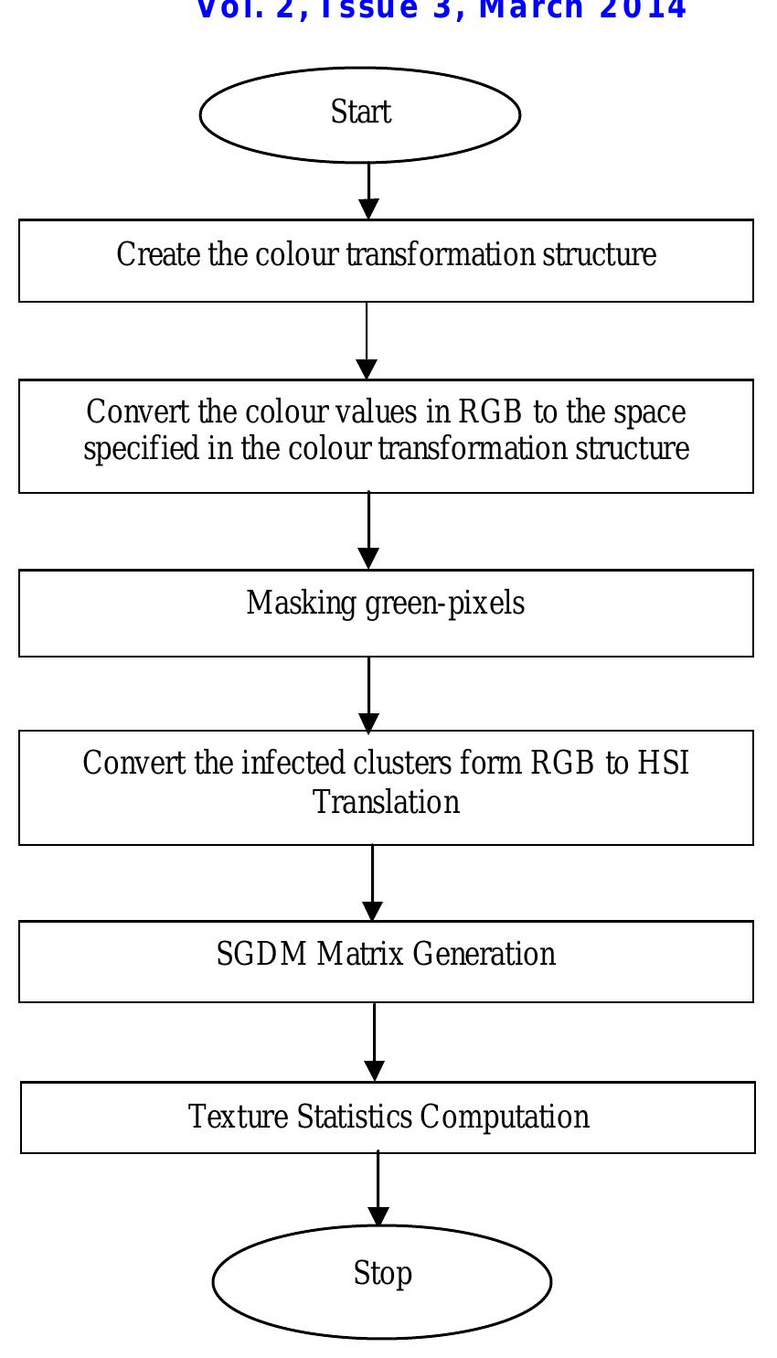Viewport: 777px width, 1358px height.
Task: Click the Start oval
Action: [360, 114]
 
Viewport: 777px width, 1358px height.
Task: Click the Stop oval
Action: [382, 1281]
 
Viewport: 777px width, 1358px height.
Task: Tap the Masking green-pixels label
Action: [385, 604]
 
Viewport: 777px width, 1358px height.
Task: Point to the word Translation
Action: [386, 802]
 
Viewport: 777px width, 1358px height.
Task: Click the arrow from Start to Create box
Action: [368, 191]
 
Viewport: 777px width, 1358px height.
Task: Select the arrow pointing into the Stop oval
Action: [378, 1190]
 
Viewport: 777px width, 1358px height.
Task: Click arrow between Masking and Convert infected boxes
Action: [368, 694]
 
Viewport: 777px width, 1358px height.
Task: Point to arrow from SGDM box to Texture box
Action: [375, 1043]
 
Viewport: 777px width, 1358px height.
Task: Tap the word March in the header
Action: [534, 9]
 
